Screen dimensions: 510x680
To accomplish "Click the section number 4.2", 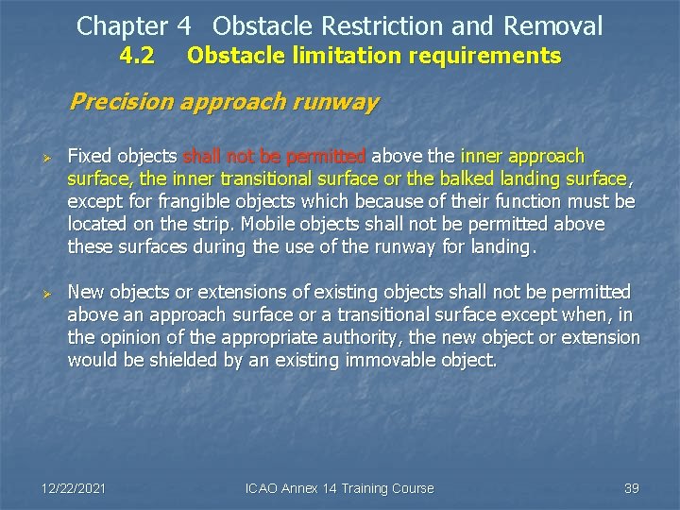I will coord(138,57).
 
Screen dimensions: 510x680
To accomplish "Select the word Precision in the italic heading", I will coord(117,101).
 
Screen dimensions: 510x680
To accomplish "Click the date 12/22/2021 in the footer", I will coord(74,488).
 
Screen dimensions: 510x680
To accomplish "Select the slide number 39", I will coord(632,488).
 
